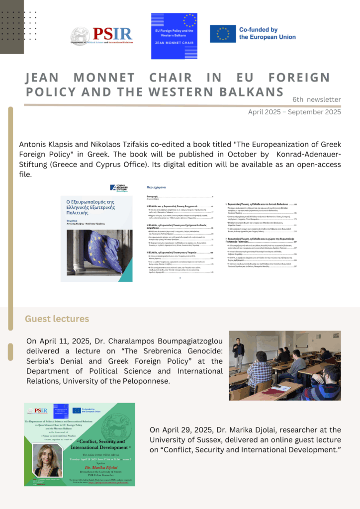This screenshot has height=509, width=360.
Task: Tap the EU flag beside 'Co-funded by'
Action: pos(222,33)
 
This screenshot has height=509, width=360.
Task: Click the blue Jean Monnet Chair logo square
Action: pos(174,36)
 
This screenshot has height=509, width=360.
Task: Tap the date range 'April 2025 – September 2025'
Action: pos(294,112)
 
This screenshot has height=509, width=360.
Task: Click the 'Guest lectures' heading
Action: pos(57,319)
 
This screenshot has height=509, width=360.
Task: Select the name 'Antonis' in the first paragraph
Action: pos(35,144)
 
